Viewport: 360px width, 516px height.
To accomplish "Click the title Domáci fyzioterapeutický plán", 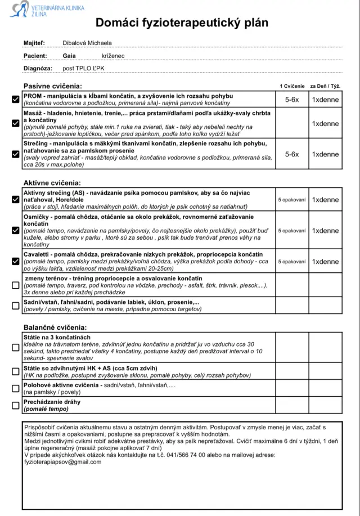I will click(x=182, y=23).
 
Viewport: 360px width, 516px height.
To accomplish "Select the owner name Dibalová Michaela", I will click(x=87, y=43).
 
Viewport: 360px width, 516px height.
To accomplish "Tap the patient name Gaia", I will click(x=69, y=56).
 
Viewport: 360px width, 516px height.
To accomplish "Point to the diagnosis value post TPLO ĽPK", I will click(x=83, y=69).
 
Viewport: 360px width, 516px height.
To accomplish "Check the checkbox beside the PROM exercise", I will click(x=15, y=100).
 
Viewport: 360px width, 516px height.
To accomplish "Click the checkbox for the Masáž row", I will click(x=15, y=124).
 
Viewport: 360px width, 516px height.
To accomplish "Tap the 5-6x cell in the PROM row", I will click(x=292, y=100).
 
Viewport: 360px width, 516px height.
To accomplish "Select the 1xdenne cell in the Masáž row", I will click(x=326, y=124).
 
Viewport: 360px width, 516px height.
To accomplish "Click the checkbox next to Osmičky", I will click(x=15, y=230).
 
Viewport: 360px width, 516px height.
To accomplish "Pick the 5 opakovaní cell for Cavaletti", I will click(x=292, y=262).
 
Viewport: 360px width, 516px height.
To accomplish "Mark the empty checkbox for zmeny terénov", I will click(x=15, y=285).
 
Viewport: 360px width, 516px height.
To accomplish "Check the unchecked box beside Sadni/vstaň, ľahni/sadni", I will click(x=15, y=306).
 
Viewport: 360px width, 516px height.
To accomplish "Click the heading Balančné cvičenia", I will click(x=55, y=327).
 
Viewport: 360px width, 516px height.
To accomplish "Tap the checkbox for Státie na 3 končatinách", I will click(x=15, y=347).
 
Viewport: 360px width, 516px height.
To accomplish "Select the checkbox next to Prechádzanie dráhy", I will click(x=15, y=405).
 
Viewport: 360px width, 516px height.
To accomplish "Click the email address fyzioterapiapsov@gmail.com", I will click(x=62, y=462).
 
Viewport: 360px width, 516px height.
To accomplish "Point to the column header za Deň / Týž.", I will click(x=326, y=86).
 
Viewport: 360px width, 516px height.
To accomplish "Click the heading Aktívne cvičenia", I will click(x=52, y=183).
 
